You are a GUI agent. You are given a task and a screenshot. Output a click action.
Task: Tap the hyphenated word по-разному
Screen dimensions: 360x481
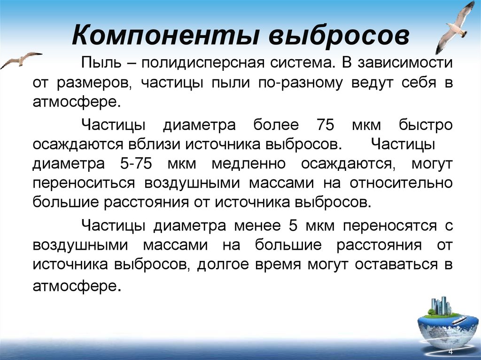297,83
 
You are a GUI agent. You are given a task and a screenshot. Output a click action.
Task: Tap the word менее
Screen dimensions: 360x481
256,226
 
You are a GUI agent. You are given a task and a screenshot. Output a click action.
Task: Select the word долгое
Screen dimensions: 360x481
220,265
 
